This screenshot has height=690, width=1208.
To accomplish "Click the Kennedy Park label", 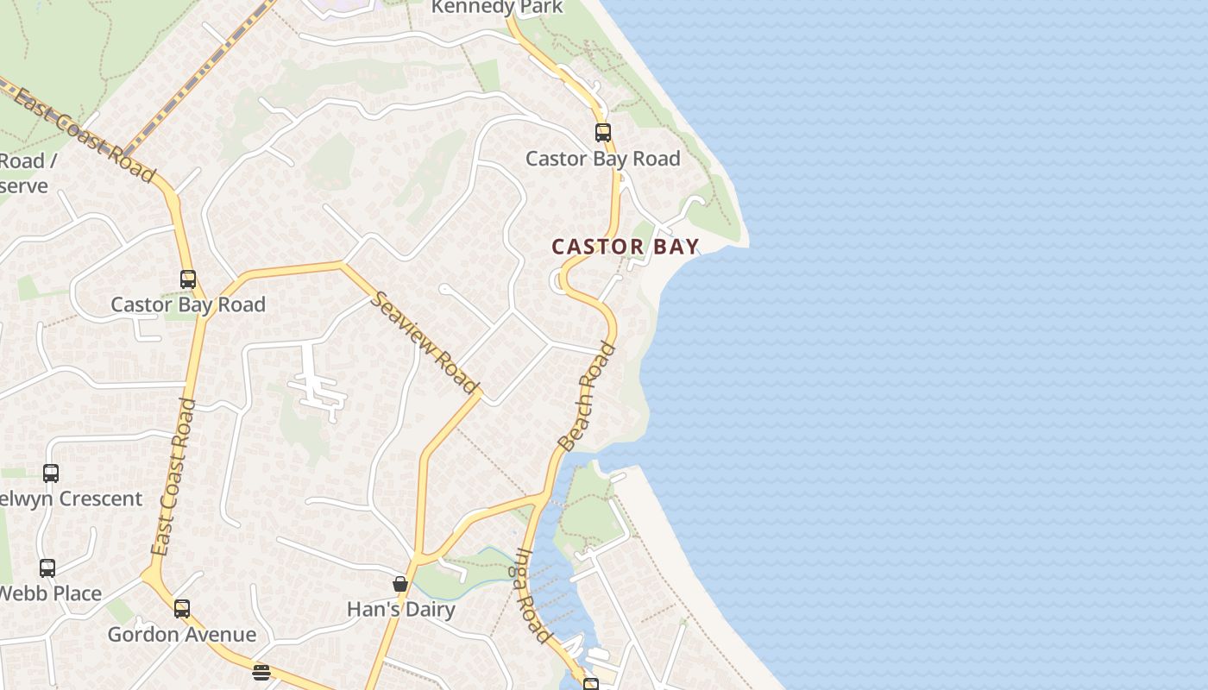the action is [x=497, y=8].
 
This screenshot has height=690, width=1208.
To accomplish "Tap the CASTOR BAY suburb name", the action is [x=625, y=247].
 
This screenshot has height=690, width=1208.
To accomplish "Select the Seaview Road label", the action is [x=425, y=342].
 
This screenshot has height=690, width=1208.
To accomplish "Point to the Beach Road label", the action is [x=588, y=397].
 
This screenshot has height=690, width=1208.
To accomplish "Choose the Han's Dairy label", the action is [x=400, y=610].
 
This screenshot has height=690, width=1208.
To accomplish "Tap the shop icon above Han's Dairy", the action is [x=400, y=585].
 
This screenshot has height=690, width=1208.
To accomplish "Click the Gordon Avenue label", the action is [x=181, y=635].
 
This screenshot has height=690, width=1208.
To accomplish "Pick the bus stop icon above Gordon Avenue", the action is [x=181, y=609].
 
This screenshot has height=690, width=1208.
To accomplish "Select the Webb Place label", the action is [x=52, y=593].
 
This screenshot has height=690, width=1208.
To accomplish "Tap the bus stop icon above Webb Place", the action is [x=47, y=568].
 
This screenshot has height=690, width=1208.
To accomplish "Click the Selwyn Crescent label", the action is [x=72, y=499].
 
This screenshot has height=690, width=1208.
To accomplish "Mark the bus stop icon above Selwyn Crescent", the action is [x=51, y=474].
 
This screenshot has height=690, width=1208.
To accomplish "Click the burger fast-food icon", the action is [x=261, y=673].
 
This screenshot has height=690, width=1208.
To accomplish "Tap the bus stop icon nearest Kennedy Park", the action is [x=603, y=133].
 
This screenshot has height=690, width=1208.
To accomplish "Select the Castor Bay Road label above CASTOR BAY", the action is [x=603, y=159].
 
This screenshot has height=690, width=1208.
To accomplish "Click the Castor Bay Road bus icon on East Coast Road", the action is [x=188, y=279].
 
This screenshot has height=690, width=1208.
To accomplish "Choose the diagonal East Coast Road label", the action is [x=85, y=135].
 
